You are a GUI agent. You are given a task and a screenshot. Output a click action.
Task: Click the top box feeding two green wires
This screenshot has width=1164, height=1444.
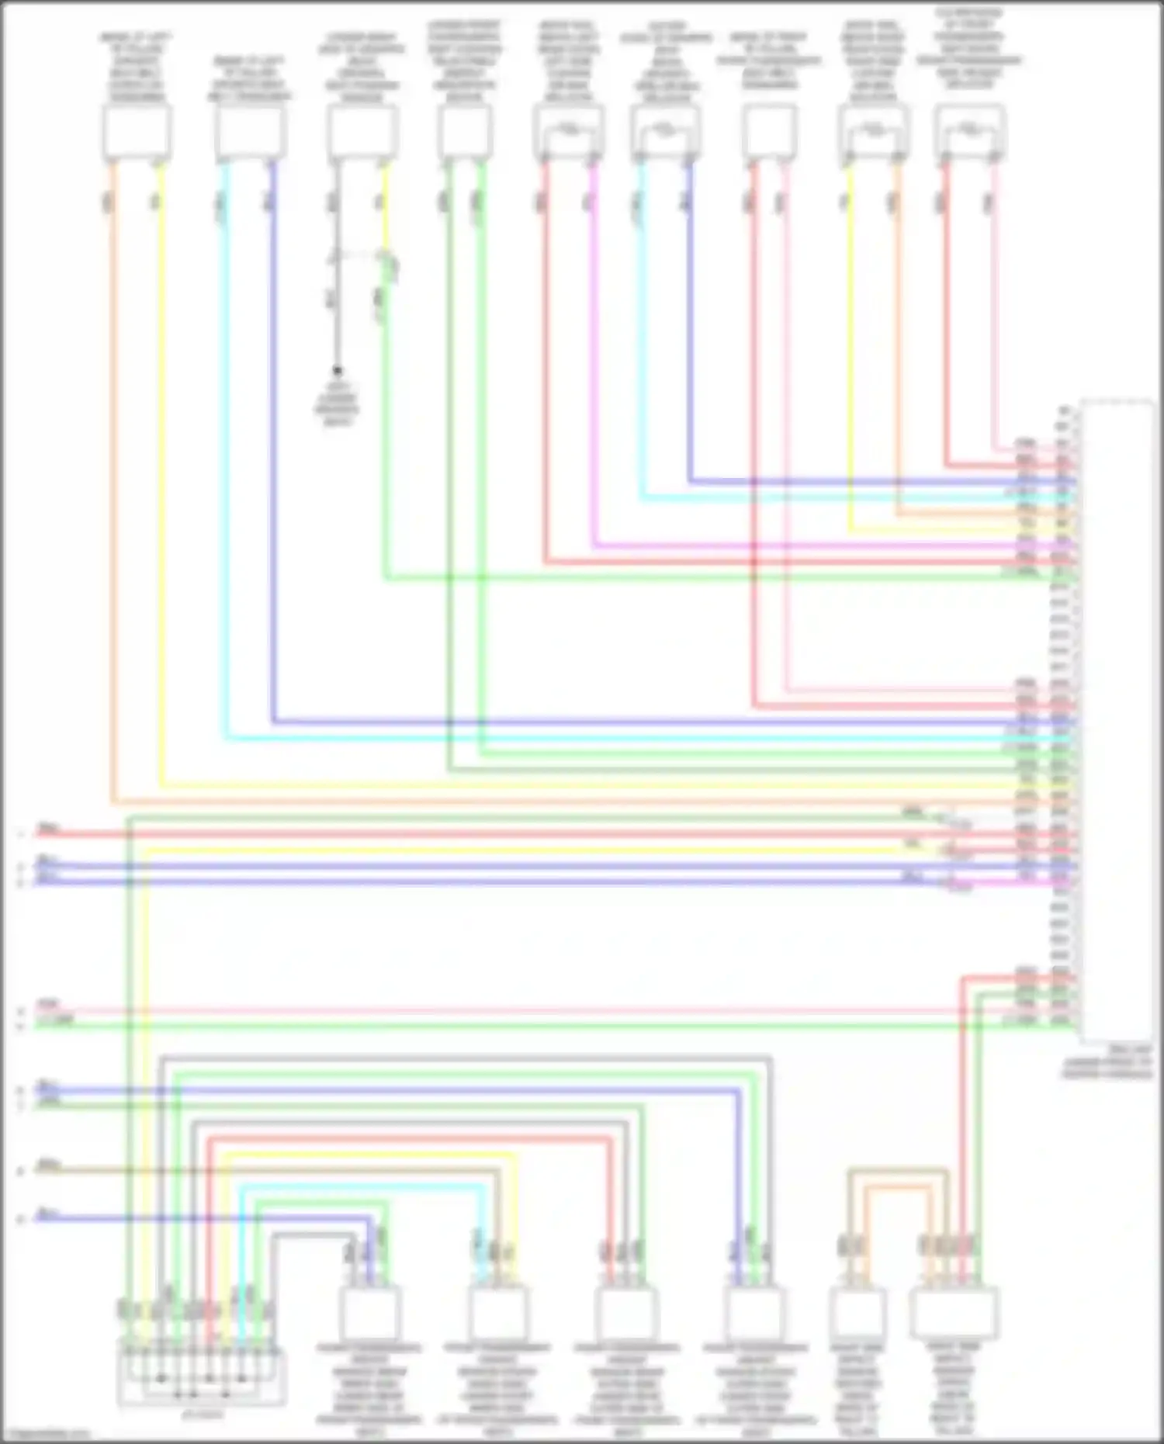[x=464, y=132]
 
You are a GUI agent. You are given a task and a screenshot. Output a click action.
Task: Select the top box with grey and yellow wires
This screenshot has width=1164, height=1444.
[x=362, y=132]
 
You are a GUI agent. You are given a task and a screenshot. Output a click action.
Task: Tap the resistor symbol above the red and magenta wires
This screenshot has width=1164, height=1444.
[x=569, y=127]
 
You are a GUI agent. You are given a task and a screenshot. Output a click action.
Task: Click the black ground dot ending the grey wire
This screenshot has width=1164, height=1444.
[x=338, y=371]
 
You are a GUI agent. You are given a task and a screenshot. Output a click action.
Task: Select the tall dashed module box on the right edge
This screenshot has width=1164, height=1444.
[x=1117, y=722]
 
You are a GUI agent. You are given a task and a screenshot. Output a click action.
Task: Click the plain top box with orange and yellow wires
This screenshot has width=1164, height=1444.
[x=137, y=132]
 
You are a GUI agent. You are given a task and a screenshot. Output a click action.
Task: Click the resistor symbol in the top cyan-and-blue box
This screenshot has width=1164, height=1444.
[x=666, y=127]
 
